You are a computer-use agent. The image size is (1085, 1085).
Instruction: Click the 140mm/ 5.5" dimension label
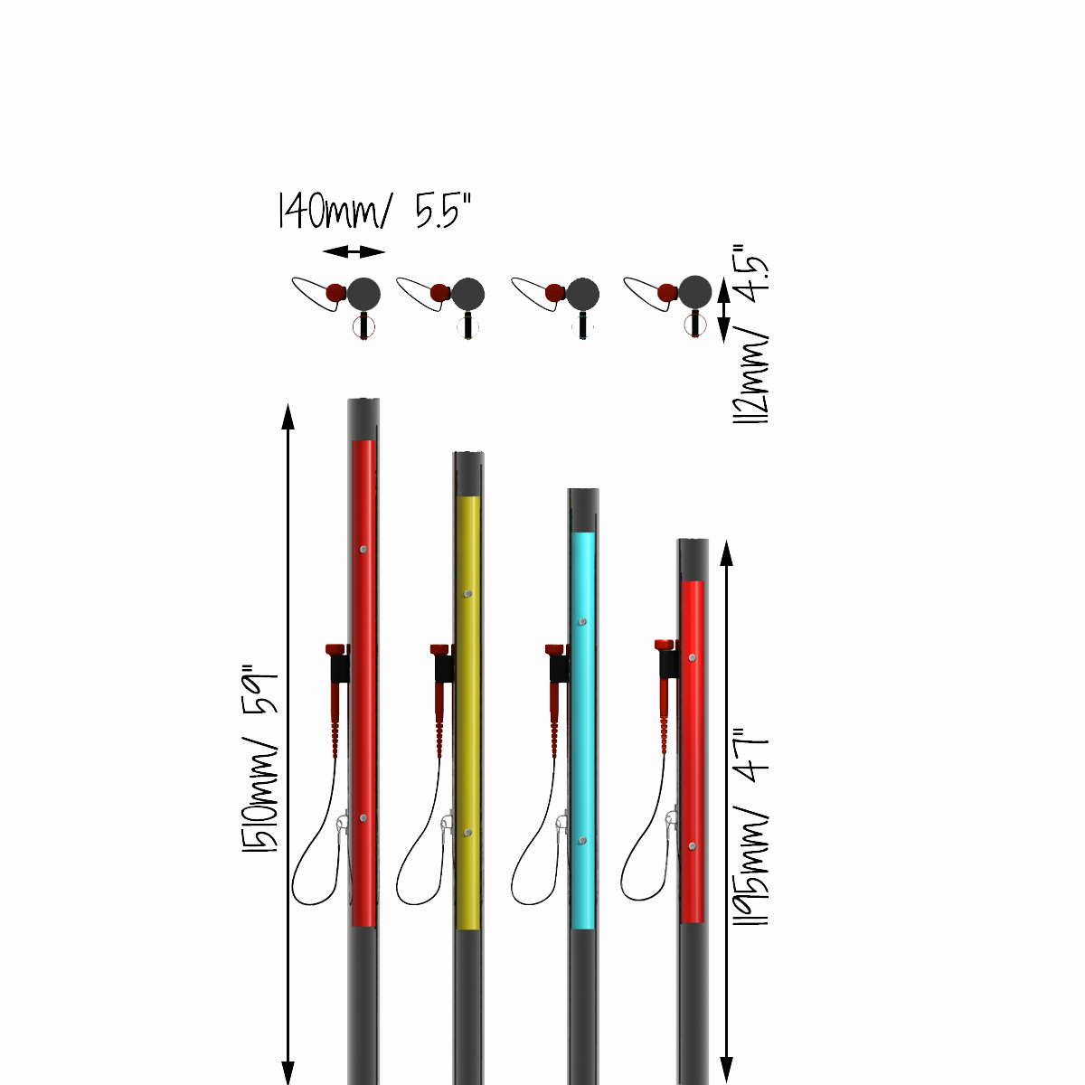point(373,211)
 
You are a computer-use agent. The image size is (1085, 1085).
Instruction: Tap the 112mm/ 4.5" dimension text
point(752,334)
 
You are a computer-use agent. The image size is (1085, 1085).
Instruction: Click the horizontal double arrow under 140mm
point(354,251)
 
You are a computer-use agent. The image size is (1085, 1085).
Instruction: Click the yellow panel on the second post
point(468,712)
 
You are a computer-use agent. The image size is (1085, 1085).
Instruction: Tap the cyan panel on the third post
point(583,731)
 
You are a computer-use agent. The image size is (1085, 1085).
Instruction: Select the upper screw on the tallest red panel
point(363,549)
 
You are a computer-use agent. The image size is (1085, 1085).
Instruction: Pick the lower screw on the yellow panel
point(467,832)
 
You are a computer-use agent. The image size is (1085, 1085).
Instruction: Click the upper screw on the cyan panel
point(583,621)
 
